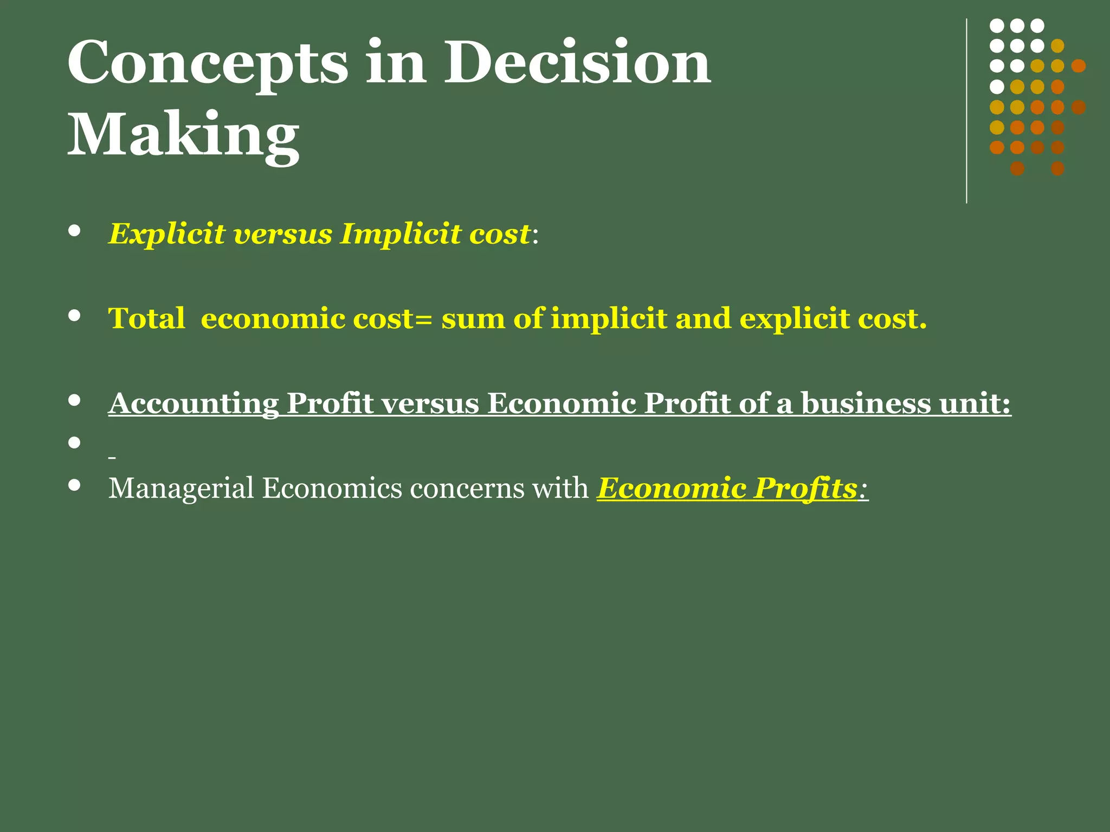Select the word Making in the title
pos(183,135)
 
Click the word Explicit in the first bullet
pos(166,235)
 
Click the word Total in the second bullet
pos(146,318)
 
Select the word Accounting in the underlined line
pos(193,404)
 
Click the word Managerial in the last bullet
pos(181,489)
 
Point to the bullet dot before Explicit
pos(75,231)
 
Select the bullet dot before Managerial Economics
pos(75,485)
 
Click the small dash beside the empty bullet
pos(112,458)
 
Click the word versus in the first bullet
pos(282,235)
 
